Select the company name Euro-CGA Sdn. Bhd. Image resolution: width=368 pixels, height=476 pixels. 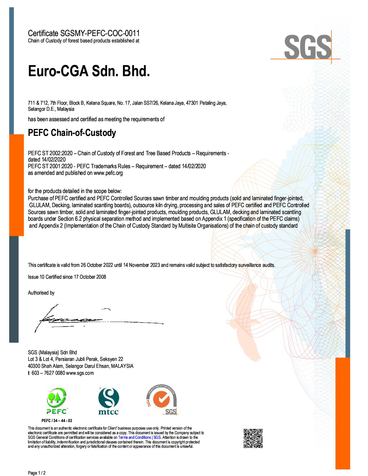click(89, 71)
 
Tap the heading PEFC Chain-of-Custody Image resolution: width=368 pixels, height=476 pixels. click(72, 133)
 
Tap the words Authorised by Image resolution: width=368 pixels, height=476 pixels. click(41, 293)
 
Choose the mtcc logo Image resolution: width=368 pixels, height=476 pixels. click(109, 401)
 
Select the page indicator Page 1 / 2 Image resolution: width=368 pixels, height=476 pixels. click(37, 473)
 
